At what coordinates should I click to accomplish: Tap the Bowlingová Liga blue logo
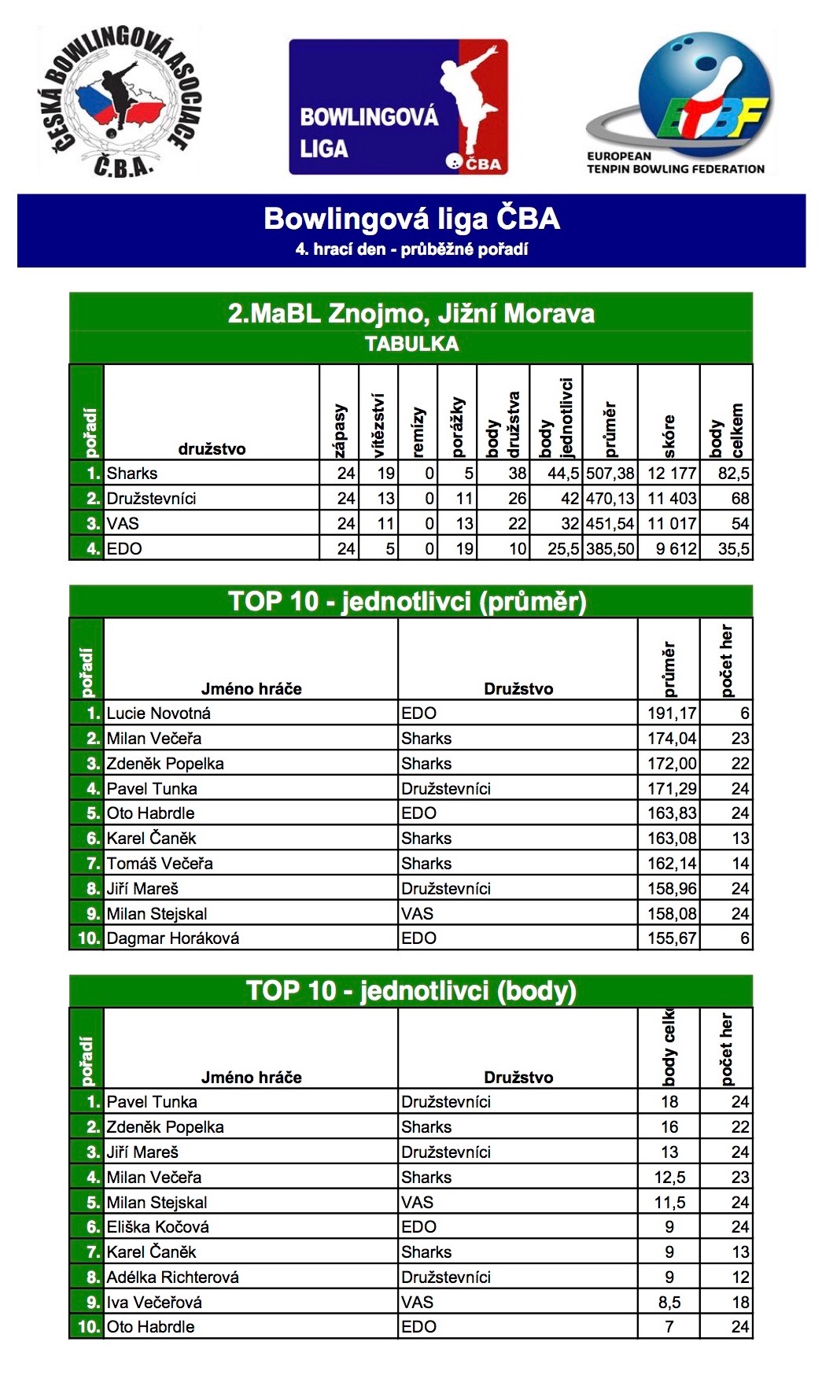click(398, 107)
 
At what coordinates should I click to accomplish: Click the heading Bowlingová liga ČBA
click(411, 219)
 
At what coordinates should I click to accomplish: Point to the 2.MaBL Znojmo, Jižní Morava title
click(411, 314)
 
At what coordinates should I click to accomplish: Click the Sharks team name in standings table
click(132, 474)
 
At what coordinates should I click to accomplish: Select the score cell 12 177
click(671, 474)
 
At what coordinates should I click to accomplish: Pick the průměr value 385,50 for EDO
click(610, 549)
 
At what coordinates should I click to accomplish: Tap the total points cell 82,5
click(733, 474)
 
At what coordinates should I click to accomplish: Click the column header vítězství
click(378, 425)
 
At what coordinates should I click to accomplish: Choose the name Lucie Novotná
click(159, 713)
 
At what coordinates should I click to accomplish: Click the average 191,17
click(671, 713)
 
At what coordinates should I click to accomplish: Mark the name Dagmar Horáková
click(173, 938)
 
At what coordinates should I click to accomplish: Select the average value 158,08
click(671, 913)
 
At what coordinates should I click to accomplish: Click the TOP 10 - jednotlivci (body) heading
click(411, 990)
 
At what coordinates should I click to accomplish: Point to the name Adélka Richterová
click(173, 1277)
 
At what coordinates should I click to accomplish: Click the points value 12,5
click(669, 1178)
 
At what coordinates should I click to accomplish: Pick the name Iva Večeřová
click(154, 1303)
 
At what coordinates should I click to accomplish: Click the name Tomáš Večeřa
click(160, 864)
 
